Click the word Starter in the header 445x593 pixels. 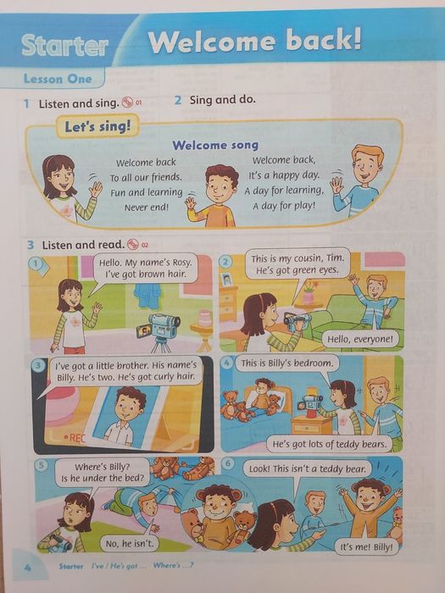click(x=64, y=46)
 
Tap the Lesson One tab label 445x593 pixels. click(x=58, y=79)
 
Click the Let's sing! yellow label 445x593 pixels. click(x=97, y=126)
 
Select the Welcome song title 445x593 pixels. click(x=215, y=145)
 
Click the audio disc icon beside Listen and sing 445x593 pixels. click(x=127, y=103)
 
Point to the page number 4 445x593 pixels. click(x=27, y=568)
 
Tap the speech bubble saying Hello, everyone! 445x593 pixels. click(x=360, y=339)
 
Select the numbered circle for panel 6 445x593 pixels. click(x=227, y=463)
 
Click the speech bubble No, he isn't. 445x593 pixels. click(x=130, y=544)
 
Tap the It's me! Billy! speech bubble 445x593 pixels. click(x=366, y=547)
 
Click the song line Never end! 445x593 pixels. click(x=147, y=207)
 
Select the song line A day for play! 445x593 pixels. click(x=284, y=206)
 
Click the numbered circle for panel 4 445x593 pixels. click(x=226, y=363)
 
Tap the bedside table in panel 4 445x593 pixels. click(x=311, y=424)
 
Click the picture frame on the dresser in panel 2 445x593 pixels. click(x=226, y=279)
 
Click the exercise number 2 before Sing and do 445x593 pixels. click(x=178, y=100)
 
